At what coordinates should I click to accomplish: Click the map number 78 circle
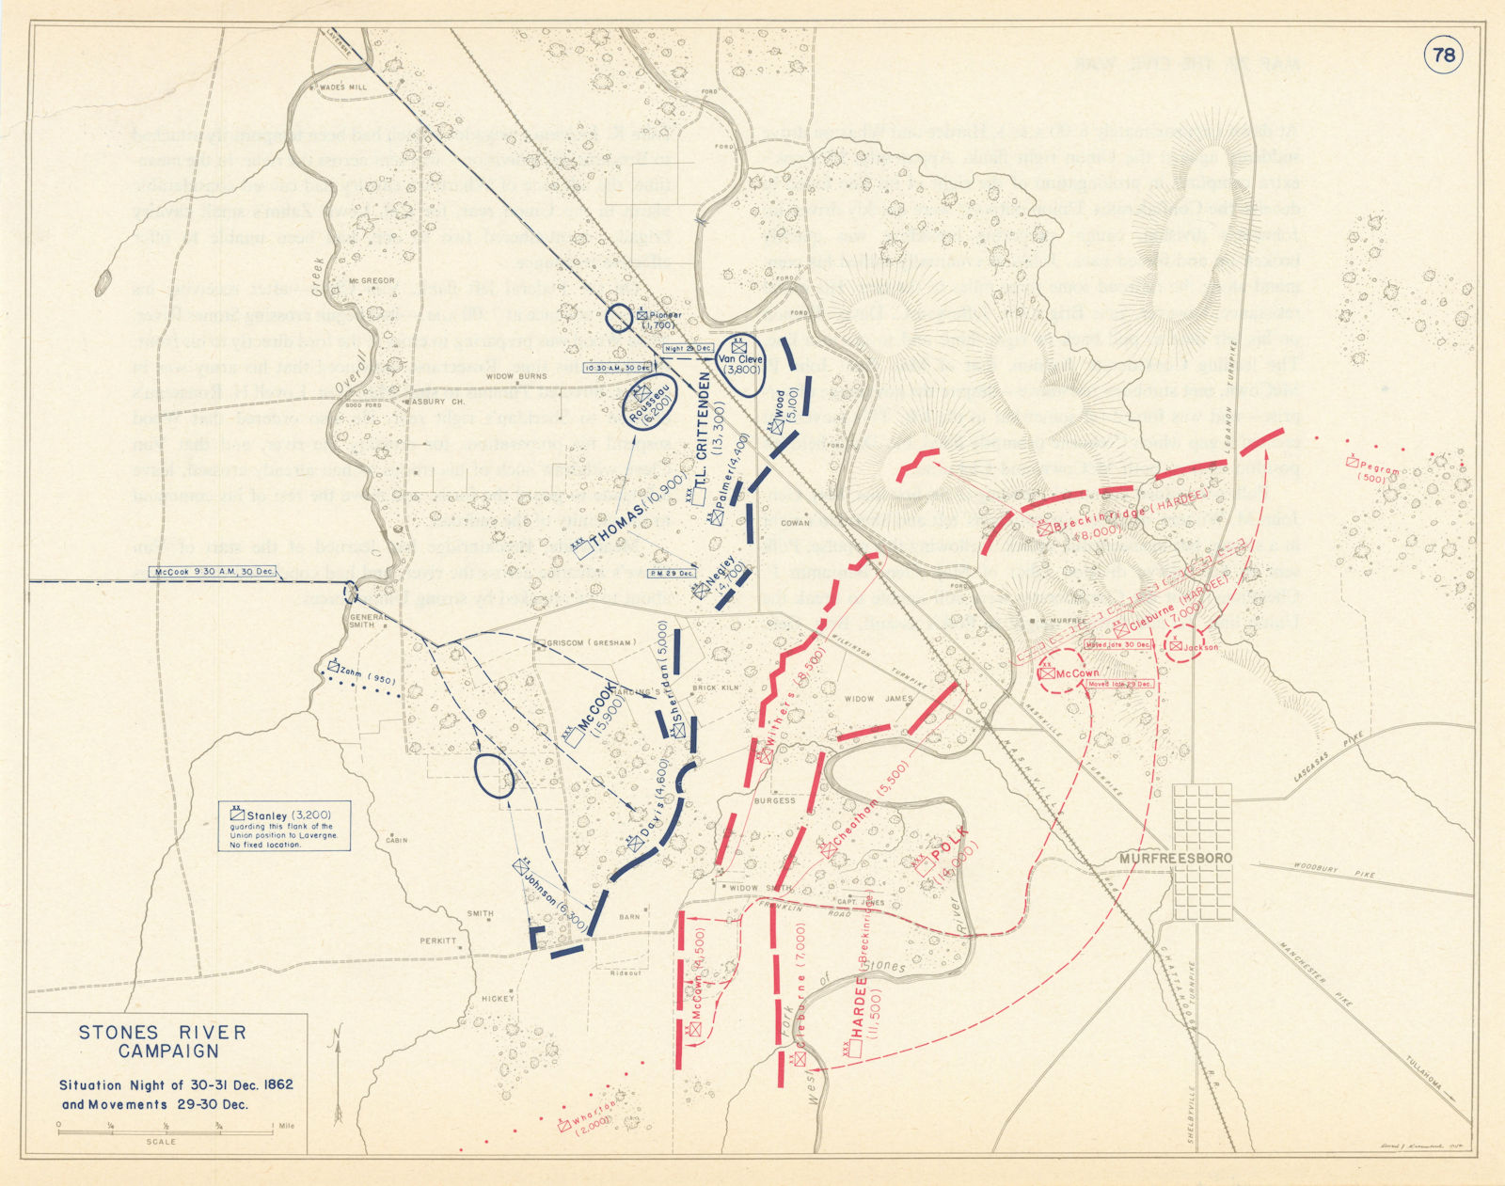(1444, 55)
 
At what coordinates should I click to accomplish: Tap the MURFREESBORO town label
(1175, 858)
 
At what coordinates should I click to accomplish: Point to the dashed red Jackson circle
(1185, 643)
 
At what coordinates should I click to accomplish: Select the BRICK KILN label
(717, 688)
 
